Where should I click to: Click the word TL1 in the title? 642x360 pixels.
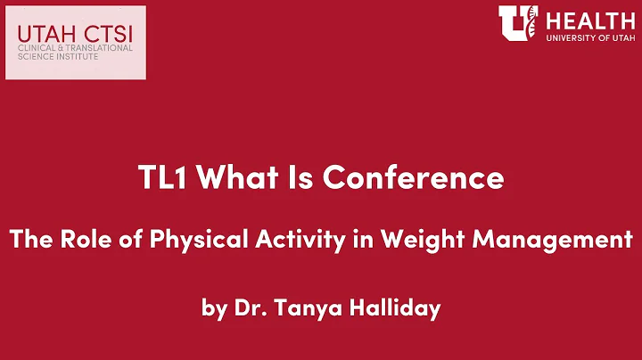point(163,178)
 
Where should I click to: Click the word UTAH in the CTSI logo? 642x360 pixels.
point(40,34)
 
